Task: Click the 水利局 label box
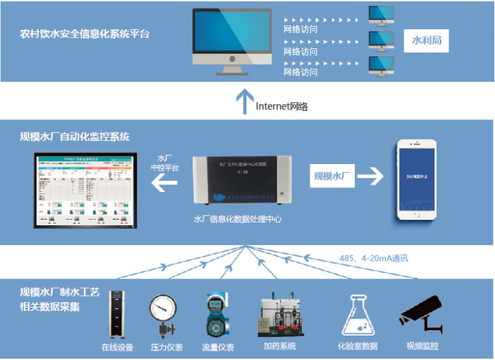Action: [427, 40]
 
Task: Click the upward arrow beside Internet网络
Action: [242, 101]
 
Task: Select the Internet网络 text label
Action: [282, 106]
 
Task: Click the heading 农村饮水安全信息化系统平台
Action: [84, 33]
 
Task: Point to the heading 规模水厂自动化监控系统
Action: [75, 137]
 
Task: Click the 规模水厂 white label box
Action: [333, 177]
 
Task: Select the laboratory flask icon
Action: [357, 315]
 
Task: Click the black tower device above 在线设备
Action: [114, 314]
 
